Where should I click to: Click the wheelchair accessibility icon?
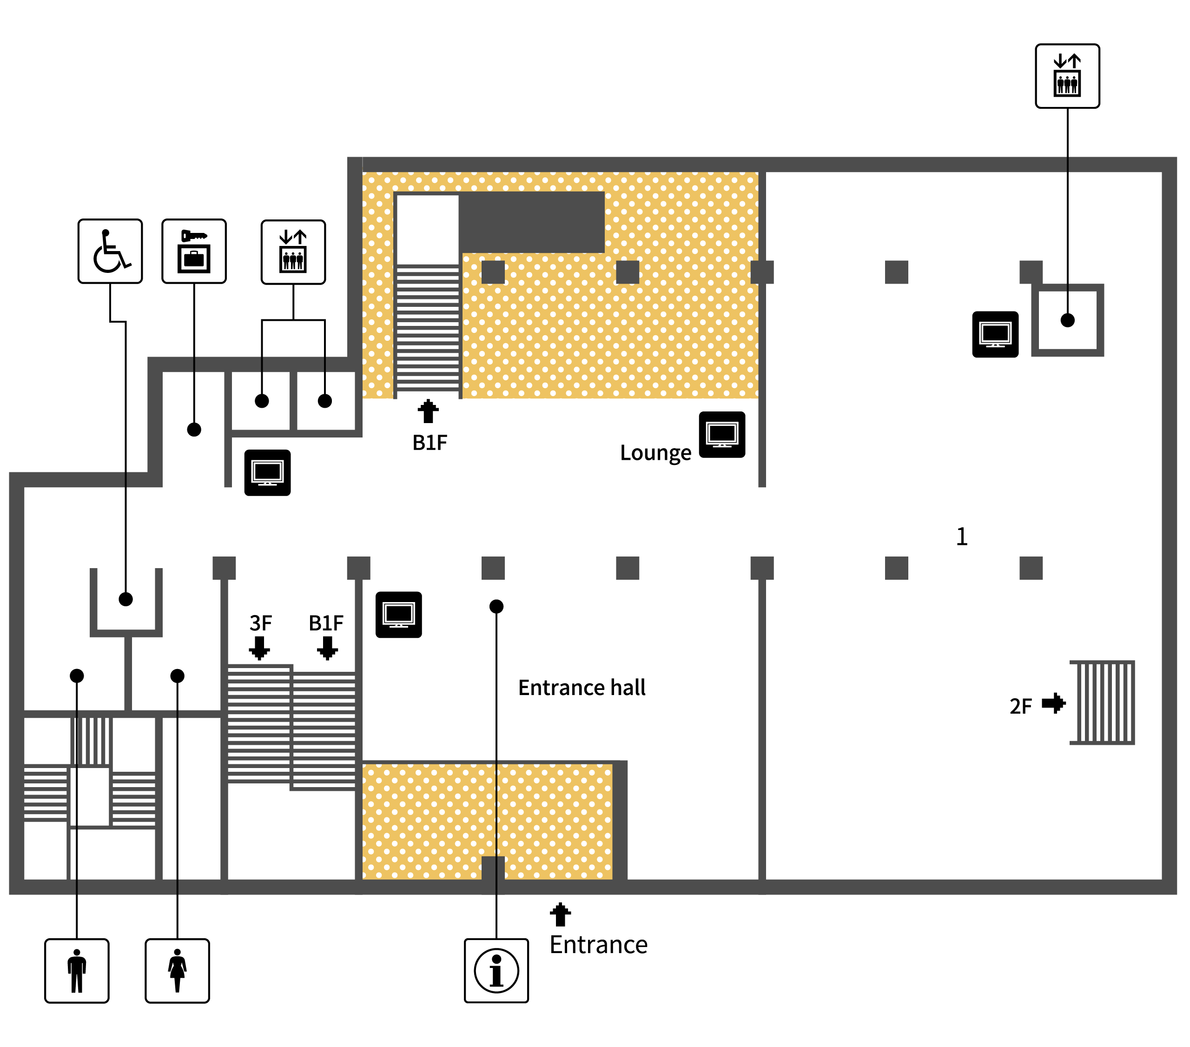click(x=110, y=252)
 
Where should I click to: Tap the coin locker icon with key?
click(x=194, y=252)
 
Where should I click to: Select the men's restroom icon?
click(x=77, y=971)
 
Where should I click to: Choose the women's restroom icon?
click(x=178, y=971)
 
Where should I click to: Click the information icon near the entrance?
click(x=496, y=971)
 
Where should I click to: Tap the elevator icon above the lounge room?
click(x=293, y=252)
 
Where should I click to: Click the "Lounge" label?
click(x=655, y=453)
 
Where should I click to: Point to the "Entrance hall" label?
click(x=582, y=688)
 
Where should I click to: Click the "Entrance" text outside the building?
click(x=599, y=945)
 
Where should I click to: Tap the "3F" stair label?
click(x=261, y=623)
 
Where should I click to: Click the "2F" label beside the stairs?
click(x=1021, y=706)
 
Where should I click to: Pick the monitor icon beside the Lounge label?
click(x=722, y=434)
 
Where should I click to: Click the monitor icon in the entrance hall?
click(x=399, y=615)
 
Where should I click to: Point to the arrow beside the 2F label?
click(x=1054, y=703)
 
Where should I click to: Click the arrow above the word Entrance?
click(x=561, y=915)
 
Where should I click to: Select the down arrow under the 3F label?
click(x=260, y=648)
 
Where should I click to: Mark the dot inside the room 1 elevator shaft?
click(x=1068, y=320)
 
